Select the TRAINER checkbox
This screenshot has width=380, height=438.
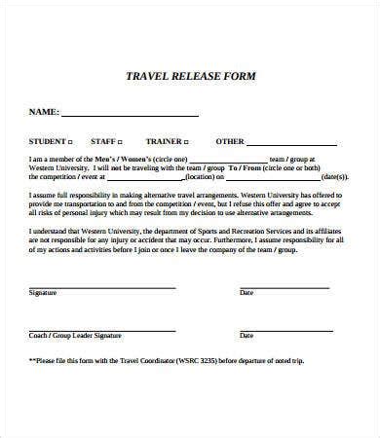tap(187, 140)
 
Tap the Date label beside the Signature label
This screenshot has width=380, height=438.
tap(247, 292)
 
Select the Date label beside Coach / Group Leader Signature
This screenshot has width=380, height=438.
tap(247, 335)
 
